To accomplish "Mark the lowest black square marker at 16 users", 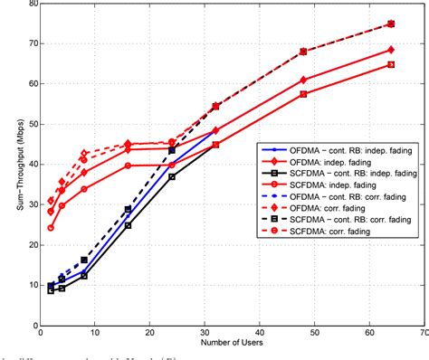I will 128,224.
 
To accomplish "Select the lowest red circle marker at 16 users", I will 128,166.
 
